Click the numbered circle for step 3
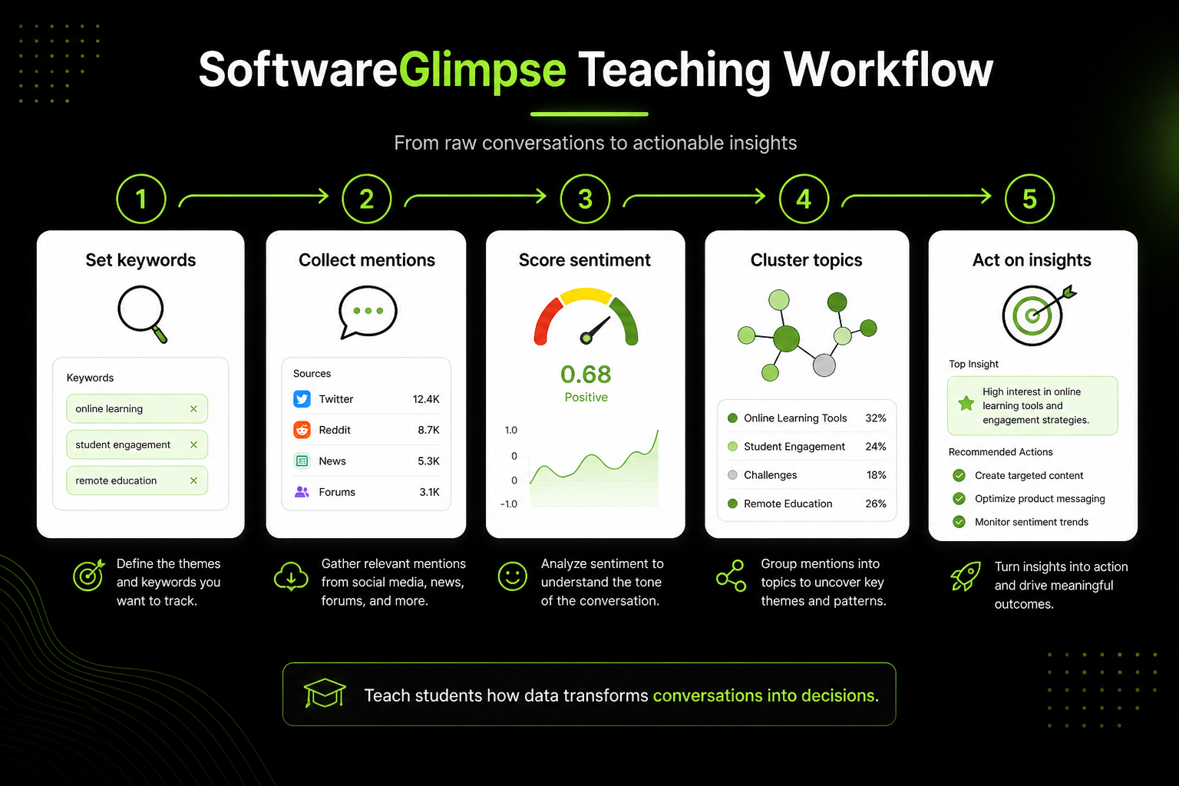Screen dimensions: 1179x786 coord(585,199)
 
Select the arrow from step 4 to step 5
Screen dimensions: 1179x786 coord(916,196)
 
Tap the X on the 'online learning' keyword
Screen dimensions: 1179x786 coord(193,408)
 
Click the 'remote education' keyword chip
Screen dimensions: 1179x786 coord(137,481)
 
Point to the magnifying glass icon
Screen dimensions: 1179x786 coord(142,314)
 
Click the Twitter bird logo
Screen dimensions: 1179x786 coord(302,399)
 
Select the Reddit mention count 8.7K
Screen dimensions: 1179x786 coord(428,430)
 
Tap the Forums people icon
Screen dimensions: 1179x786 coord(302,492)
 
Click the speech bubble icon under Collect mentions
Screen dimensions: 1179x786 coord(368,312)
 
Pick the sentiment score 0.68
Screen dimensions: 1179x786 coord(586,375)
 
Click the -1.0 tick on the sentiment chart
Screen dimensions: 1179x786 coord(509,504)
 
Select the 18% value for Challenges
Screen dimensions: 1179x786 coord(877,475)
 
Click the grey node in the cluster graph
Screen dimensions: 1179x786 coord(824,365)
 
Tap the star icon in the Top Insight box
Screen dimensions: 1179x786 coord(966,403)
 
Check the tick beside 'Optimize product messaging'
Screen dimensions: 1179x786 coord(959,499)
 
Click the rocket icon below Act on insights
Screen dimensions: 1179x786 coord(966,576)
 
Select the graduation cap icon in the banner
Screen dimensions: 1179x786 coord(325,692)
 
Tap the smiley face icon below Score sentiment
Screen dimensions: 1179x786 coord(512,576)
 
